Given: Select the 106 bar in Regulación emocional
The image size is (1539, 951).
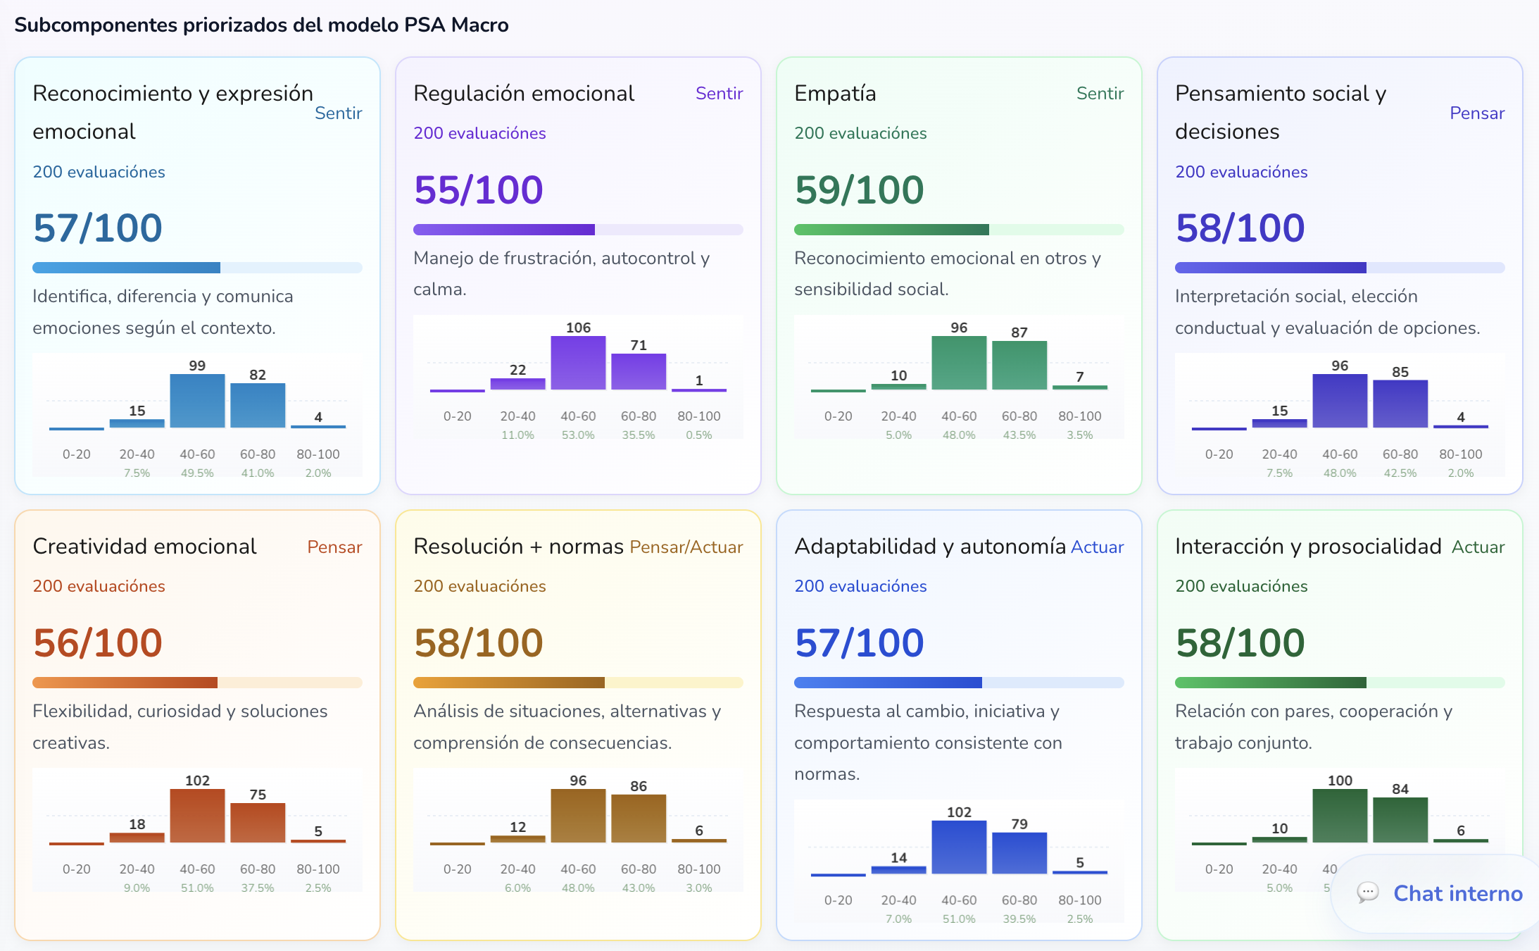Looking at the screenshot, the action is click(x=578, y=363).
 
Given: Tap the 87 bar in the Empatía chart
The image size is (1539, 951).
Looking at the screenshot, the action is click(x=1019, y=366).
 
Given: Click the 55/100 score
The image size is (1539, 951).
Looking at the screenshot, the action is click(x=479, y=189).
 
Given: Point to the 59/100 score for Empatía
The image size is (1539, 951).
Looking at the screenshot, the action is click(x=859, y=189).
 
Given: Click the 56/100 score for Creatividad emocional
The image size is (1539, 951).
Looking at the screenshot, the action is click(x=98, y=642).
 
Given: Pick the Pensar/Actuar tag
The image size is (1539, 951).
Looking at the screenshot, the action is click(x=686, y=547).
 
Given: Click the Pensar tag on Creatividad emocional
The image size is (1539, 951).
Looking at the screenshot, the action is click(x=334, y=547).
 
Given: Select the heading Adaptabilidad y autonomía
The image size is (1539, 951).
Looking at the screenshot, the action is click(x=930, y=546).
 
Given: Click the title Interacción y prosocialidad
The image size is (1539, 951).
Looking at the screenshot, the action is click(x=1308, y=546).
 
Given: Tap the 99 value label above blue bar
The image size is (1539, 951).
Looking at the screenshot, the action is click(x=197, y=366).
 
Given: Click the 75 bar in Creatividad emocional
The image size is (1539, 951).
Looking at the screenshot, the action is click(x=258, y=823).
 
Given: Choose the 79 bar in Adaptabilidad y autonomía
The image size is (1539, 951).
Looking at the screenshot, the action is click(x=1019, y=853).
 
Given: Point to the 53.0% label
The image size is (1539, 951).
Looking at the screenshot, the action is click(x=578, y=435).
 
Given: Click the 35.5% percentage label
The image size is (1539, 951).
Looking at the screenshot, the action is click(x=639, y=435).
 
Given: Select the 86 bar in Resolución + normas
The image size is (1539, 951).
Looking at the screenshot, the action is click(x=639, y=819).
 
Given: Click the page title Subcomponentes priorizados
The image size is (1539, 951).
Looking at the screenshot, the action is click(x=261, y=25).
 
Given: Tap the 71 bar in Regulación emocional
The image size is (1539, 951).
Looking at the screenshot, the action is click(x=639, y=371).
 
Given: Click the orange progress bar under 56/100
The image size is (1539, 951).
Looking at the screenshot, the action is click(x=197, y=683).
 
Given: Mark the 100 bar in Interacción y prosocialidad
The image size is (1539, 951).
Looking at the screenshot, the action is click(x=1340, y=816).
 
